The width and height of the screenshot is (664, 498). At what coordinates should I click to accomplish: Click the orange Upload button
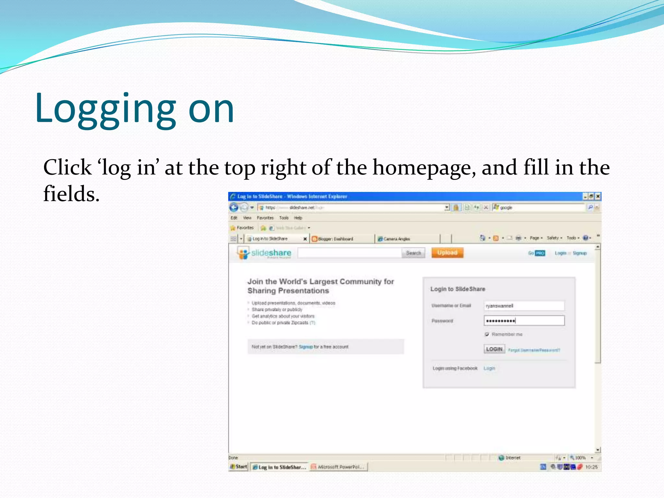(447, 253)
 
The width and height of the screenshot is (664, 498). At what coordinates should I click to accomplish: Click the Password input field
(524, 321)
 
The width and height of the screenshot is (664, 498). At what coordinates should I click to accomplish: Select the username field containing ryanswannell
(524, 306)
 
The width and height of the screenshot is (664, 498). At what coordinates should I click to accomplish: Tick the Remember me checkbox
(487, 334)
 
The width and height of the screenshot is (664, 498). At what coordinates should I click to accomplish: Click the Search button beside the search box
(413, 253)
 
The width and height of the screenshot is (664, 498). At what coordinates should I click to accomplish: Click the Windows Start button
(239, 467)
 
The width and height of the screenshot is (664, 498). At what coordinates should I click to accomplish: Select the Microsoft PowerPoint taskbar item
(338, 467)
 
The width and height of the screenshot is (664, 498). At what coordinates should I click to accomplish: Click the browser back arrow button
(234, 207)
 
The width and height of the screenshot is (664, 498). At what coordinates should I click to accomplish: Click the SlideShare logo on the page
(264, 253)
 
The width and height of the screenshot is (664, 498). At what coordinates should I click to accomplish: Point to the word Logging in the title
(106, 108)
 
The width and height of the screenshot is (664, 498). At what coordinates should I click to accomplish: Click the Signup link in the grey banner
(306, 347)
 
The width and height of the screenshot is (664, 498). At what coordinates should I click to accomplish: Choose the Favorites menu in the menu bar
(265, 218)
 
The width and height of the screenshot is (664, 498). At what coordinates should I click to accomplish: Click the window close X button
(598, 196)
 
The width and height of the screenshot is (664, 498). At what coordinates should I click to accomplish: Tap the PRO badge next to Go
(540, 253)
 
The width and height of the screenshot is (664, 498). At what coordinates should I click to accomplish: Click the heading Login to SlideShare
(457, 289)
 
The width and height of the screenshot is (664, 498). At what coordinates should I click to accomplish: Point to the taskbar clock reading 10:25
(591, 467)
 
